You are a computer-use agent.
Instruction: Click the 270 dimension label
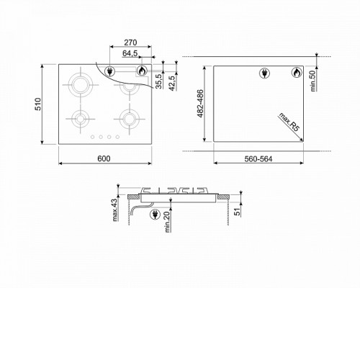tap(130, 42)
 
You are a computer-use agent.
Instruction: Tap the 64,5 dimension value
tap(130, 53)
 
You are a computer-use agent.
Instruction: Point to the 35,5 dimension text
tap(159, 81)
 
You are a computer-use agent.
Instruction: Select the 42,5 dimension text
tap(171, 84)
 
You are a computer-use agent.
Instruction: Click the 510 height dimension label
tap(38, 104)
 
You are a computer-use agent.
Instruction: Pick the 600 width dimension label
tap(104, 158)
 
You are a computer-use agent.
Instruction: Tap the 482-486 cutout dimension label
tap(200, 104)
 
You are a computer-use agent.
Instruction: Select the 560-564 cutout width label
tap(258, 159)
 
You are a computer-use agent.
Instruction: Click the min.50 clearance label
tap(313, 81)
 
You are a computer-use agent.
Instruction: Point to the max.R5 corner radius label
tap(289, 122)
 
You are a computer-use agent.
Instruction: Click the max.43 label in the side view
tap(115, 210)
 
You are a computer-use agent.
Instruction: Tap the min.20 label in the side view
tap(168, 222)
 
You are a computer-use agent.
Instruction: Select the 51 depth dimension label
tap(237, 212)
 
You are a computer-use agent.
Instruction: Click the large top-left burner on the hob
tap(81, 85)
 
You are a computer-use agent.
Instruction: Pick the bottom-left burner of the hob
tap(81, 119)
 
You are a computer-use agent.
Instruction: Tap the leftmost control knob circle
tap(92, 137)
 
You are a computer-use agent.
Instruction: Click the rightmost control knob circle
tap(117, 137)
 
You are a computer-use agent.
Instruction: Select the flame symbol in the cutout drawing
tap(297, 73)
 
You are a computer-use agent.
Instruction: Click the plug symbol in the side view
tap(155, 215)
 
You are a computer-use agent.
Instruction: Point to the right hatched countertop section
tap(224, 197)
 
